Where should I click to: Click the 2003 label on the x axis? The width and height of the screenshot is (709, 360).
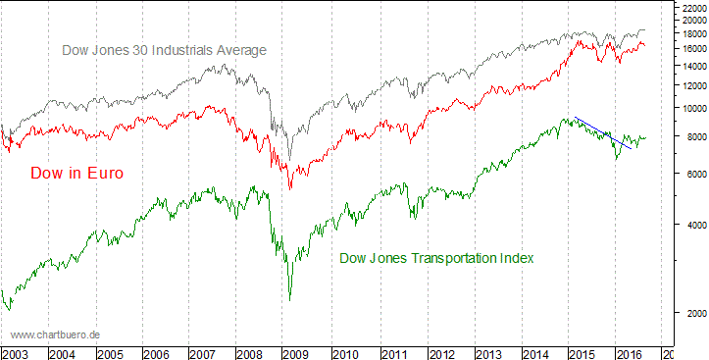[16, 353]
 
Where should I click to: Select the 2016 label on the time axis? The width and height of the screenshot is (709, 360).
[628, 353]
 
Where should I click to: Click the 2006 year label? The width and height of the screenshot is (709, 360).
[157, 353]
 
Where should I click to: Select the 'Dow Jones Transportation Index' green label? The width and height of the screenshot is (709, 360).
[436, 259]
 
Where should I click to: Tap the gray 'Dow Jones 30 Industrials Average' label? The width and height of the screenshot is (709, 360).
[164, 50]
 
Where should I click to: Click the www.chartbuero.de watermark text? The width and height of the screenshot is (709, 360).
[56, 335]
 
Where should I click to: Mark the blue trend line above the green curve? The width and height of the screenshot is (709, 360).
[603, 132]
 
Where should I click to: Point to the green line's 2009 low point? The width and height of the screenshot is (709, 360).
[290, 299]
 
